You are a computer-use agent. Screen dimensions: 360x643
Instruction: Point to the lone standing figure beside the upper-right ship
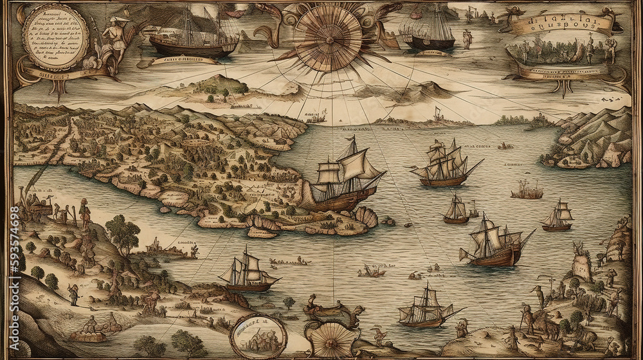click(467, 39)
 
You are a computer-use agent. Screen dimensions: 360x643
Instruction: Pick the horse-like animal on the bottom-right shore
click(547, 328)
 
